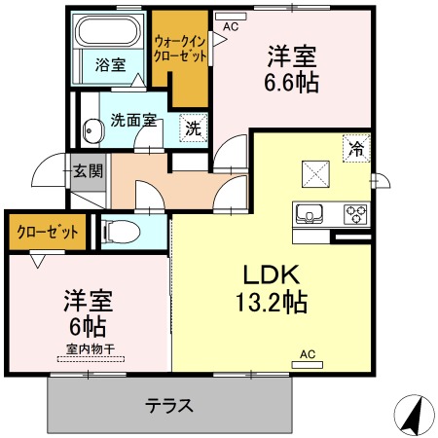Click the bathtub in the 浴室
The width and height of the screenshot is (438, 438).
click(x=110, y=31)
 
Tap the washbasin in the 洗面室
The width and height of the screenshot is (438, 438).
click(x=93, y=130)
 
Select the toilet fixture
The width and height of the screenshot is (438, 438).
click(x=121, y=232)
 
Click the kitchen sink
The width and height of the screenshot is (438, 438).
click(x=309, y=214)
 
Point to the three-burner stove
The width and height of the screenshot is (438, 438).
click(x=355, y=214)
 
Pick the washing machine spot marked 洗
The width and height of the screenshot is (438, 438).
click(x=194, y=128)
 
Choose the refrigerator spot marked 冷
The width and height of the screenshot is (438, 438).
click(x=356, y=148)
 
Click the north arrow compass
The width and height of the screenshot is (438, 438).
click(x=415, y=415)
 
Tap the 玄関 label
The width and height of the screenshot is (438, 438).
click(x=88, y=171)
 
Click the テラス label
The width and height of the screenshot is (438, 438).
click(x=169, y=406)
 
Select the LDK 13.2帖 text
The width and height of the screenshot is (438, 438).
click(x=272, y=288)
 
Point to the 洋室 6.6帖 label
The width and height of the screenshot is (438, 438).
click(x=292, y=69)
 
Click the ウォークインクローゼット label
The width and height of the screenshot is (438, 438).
click(x=180, y=49)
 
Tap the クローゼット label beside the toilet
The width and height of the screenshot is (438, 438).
click(x=48, y=232)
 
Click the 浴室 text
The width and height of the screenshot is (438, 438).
click(x=110, y=65)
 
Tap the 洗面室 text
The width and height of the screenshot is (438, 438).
click(x=133, y=120)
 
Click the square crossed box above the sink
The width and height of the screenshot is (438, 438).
click(x=315, y=174)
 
